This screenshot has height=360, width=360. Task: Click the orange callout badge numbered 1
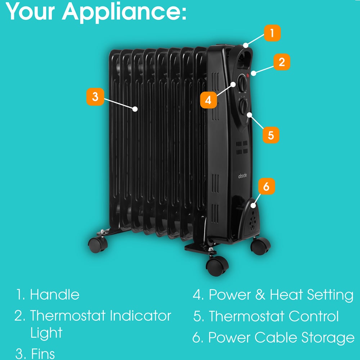click(272, 33)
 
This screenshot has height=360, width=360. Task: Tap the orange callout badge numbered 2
click(282, 62)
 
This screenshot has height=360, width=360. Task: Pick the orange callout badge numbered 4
click(208, 100)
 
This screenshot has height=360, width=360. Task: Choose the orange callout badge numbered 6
click(266, 186)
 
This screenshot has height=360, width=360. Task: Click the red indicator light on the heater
click(248, 76)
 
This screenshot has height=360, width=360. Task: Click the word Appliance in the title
click(125, 12)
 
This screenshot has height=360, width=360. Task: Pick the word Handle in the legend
click(55, 294)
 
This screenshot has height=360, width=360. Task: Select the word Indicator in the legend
click(140, 316)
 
